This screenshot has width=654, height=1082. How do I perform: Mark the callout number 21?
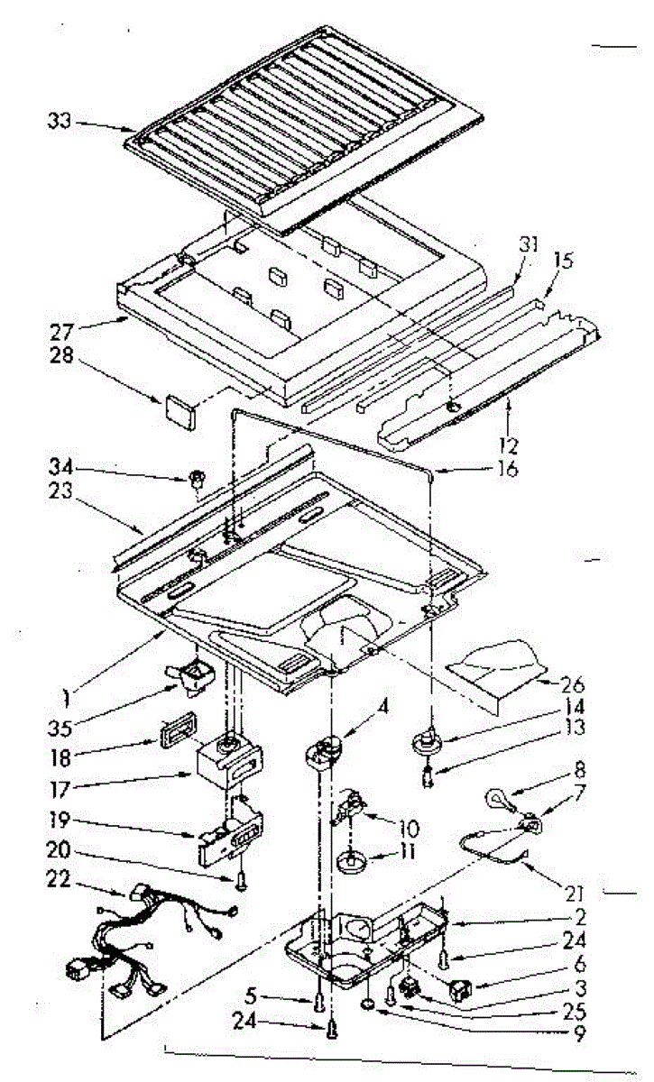tap(576, 894)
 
